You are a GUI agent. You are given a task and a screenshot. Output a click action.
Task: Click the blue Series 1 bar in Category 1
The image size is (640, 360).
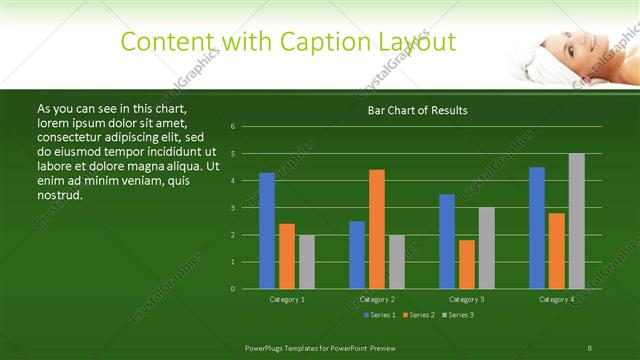(x=267, y=231)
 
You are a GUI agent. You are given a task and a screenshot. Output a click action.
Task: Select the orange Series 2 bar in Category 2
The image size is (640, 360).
(x=377, y=229)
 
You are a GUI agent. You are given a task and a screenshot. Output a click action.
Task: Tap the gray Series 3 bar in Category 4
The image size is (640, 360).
(x=577, y=221)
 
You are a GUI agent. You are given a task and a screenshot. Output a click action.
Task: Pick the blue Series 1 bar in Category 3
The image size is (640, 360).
(x=447, y=241)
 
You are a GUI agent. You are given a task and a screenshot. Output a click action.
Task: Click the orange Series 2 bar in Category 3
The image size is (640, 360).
(x=467, y=264)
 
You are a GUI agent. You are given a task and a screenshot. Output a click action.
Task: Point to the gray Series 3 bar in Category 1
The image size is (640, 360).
(x=307, y=262)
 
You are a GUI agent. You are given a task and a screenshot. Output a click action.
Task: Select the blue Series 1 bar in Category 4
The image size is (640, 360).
(x=537, y=228)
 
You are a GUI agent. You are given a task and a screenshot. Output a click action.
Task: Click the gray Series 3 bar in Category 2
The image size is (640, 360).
(x=397, y=262)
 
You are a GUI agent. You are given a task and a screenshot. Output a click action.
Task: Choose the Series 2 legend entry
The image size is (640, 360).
(x=419, y=315)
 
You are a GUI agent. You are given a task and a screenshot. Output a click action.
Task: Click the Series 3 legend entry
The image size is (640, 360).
(x=459, y=315)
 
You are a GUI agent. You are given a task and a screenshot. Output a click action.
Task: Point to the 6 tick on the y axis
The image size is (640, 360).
(x=232, y=127)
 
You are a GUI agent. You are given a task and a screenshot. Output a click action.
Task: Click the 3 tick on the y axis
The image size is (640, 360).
(x=232, y=208)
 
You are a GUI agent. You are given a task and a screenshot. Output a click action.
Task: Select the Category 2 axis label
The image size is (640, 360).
(x=377, y=299)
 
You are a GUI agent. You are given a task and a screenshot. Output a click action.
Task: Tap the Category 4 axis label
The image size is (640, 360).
(x=557, y=299)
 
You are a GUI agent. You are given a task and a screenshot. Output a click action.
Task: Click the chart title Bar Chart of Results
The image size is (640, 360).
(x=418, y=110)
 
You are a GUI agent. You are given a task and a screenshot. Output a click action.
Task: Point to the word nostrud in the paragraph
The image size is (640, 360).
(x=59, y=194)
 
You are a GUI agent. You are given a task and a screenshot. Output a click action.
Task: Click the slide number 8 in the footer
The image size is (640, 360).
(x=590, y=347)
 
